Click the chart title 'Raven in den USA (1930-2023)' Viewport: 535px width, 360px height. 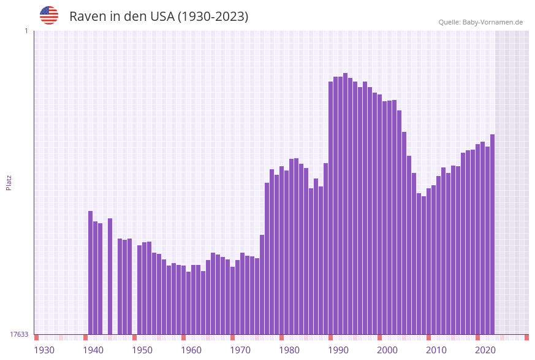pos(159,17)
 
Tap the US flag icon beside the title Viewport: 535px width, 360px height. pos(49,15)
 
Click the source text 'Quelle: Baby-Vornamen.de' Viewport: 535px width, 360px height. pos(480,22)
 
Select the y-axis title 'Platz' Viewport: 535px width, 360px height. pos(9,182)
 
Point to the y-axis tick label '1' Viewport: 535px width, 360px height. pos(26,31)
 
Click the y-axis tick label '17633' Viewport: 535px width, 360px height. pos(19,334)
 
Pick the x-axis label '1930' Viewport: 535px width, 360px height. pos(44,350)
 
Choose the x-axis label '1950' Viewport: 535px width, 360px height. pos(142,350)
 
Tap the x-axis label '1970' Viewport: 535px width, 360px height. pos(240,350)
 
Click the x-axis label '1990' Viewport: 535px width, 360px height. pos(338,350)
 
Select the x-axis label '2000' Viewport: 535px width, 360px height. pos(387,350)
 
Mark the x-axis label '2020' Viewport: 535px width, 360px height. pos(485,350)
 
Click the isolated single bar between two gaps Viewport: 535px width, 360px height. pos(110,276)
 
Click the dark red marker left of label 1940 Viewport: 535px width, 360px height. pos(85,337)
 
